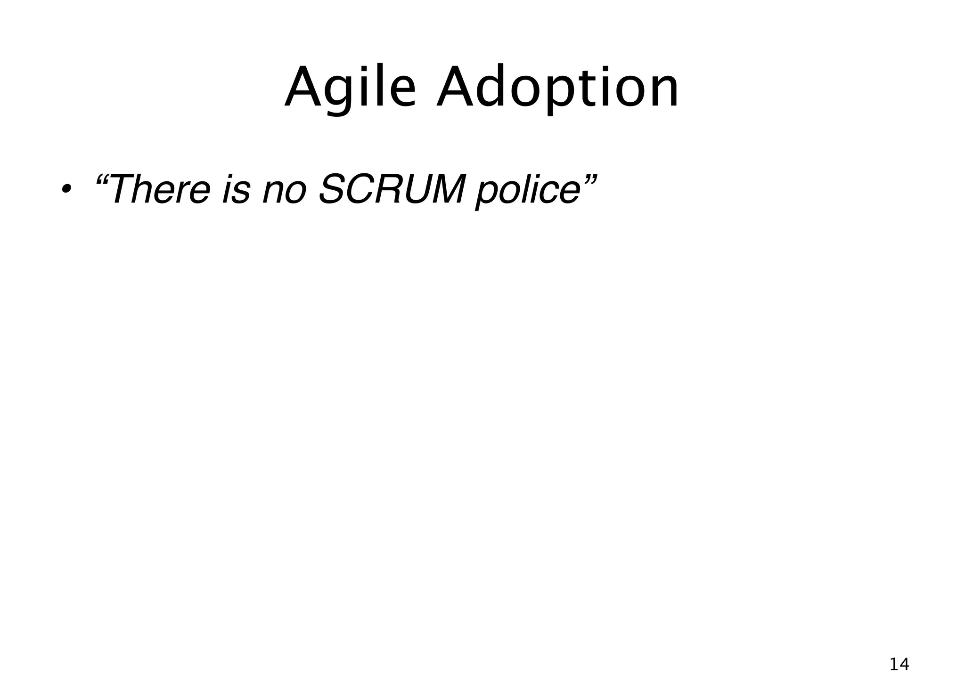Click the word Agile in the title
(x=351, y=88)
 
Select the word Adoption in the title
(x=557, y=88)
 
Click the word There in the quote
(x=160, y=189)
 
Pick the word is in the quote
(x=236, y=189)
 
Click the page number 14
(x=899, y=664)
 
